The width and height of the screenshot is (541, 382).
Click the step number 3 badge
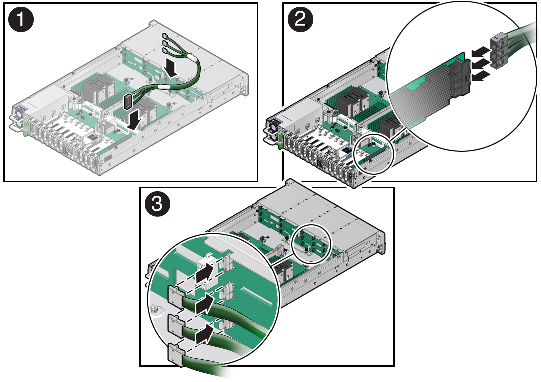157,204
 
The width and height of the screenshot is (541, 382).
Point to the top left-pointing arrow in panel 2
480,52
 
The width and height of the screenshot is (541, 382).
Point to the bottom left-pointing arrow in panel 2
480,76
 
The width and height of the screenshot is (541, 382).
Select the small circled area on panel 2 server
374,154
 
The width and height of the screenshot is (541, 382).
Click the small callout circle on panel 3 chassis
311,243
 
